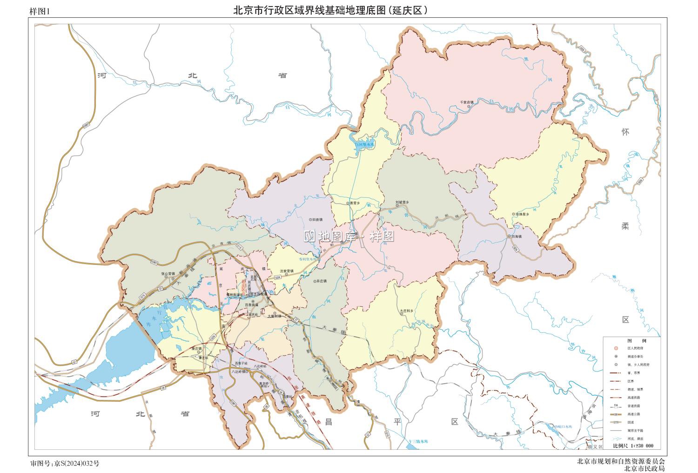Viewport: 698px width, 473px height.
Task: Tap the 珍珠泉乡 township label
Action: point(522,214)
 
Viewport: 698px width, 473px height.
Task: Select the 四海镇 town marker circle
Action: point(509,236)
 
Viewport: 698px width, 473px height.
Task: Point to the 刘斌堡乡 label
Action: point(402,202)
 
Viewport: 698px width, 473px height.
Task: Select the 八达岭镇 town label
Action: point(236,372)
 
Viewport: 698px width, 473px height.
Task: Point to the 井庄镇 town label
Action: point(322,281)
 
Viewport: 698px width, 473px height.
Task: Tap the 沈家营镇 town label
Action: point(287,271)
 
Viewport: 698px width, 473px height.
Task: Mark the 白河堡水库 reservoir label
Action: point(364,145)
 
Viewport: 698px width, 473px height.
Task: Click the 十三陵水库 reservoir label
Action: point(416,440)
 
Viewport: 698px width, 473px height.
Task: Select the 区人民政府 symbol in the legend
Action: point(616,348)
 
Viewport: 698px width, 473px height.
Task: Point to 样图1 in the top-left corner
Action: point(39,13)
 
